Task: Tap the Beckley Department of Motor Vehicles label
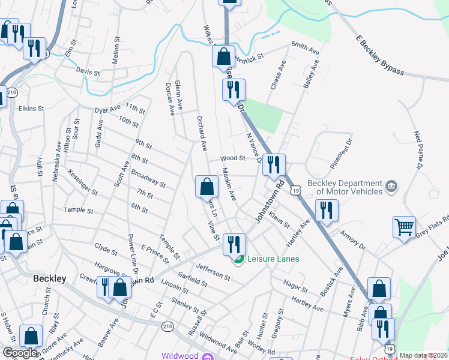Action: pos(345,187)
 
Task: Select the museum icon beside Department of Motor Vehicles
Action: pos(391,187)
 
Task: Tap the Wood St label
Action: pos(233,158)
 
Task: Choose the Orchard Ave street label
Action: pos(202,131)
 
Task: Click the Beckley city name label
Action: pos(49,278)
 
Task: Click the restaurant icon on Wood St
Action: pos(274,164)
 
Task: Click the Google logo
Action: pos(20,353)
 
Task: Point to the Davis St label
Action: pos(88,72)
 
